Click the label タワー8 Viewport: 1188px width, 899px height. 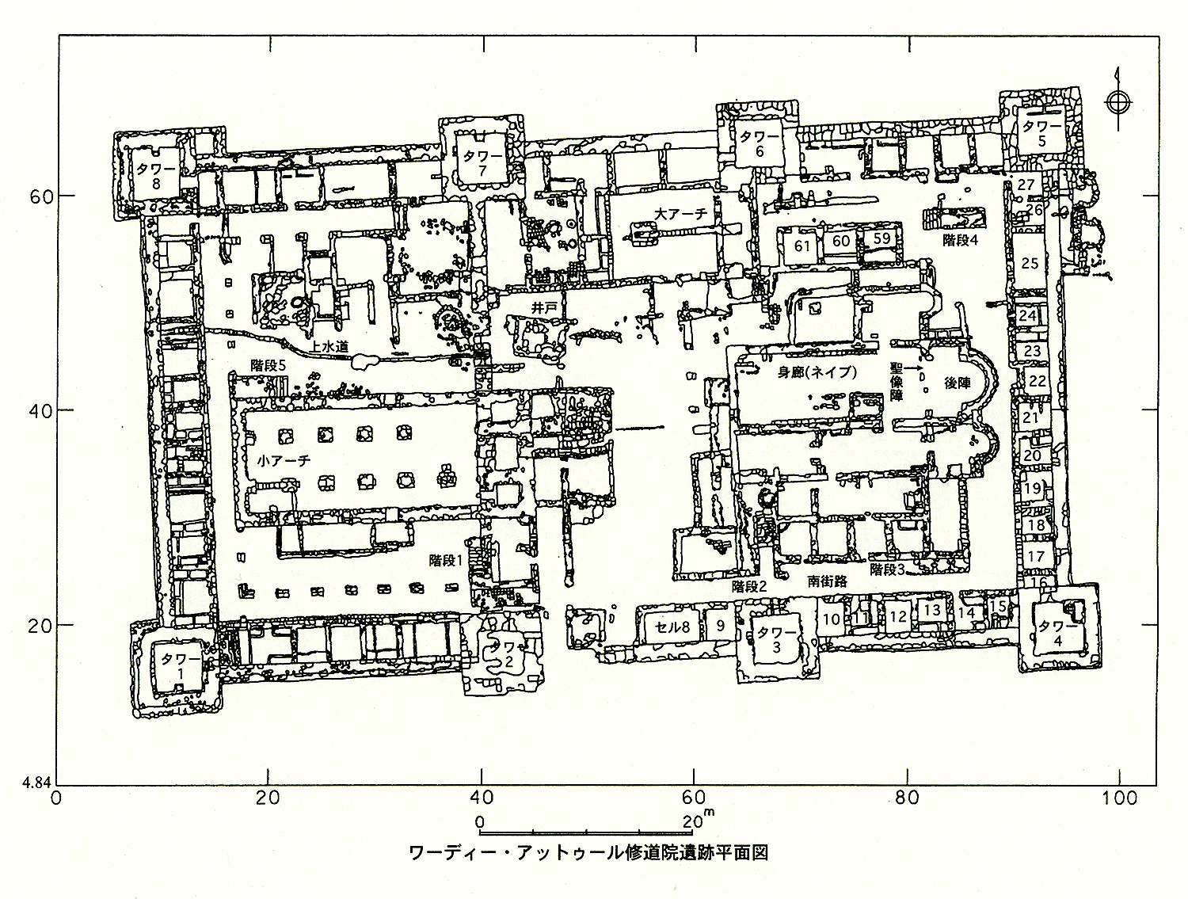(x=156, y=176)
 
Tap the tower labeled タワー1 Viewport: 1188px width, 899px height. (x=177, y=668)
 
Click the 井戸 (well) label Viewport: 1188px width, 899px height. (x=544, y=308)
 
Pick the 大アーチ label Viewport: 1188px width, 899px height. (x=681, y=214)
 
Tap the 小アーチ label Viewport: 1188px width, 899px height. (x=284, y=461)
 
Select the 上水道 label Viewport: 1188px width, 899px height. (x=329, y=347)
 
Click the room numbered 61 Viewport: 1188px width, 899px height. (x=802, y=246)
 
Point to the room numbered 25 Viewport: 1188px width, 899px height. (x=1030, y=263)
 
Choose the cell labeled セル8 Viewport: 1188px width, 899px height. (x=672, y=627)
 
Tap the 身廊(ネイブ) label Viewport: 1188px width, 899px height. (x=818, y=372)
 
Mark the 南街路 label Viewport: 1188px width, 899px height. (x=827, y=581)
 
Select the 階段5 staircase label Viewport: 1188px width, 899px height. (x=268, y=365)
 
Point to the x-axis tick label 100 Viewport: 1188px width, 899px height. (x=1119, y=798)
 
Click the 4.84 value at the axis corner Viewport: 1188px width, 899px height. (x=36, y=782)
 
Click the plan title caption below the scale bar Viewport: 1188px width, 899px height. (x=588, y=854)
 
